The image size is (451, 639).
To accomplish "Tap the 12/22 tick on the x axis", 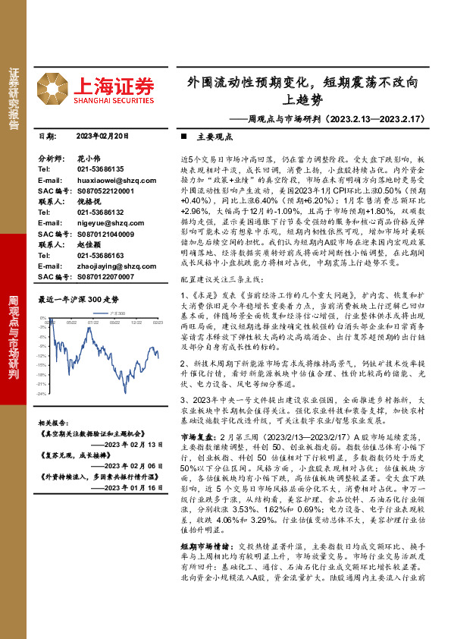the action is (x=136, y=343).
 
